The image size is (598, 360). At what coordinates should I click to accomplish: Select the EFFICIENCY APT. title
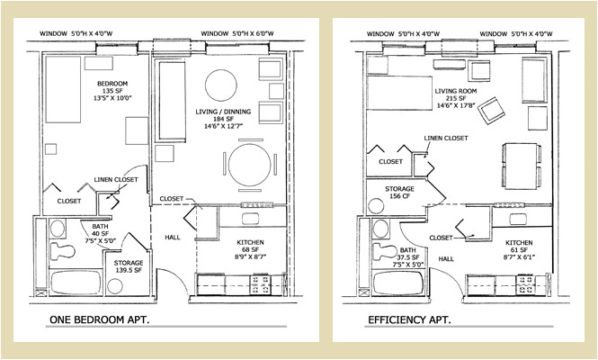409,320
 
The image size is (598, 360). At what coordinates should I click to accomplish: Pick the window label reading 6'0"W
239,35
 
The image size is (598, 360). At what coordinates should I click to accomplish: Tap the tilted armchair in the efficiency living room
493,112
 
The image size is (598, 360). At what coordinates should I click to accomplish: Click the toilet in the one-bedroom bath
63,249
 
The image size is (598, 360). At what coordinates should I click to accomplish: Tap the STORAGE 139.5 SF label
129,267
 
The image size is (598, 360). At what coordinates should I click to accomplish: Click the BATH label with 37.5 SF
408,256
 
